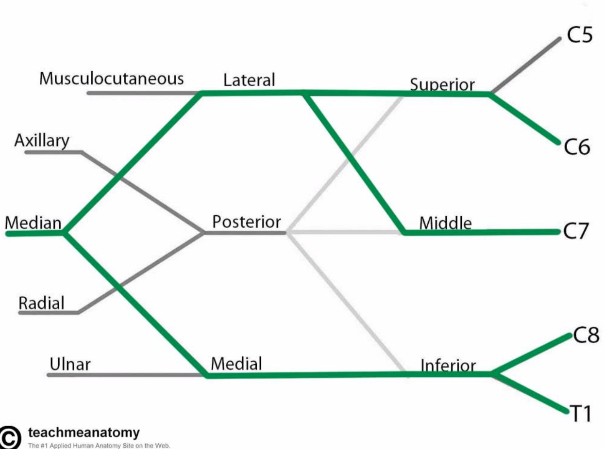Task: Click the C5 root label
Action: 580,35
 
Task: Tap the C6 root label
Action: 577,146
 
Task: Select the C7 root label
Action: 576,232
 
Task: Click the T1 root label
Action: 580,415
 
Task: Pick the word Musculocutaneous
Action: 112,78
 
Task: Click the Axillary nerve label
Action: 42,141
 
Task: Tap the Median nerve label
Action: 33,223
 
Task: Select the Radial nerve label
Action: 41,303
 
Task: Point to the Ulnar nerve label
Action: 70,364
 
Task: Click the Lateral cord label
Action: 249,80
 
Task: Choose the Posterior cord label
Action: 246,222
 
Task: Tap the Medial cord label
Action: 236,363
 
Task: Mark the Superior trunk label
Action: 442,85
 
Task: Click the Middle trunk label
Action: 445,224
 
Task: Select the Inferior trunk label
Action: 448,365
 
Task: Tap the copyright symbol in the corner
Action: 10,437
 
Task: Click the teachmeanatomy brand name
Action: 84,432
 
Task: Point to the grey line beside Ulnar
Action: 126,375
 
